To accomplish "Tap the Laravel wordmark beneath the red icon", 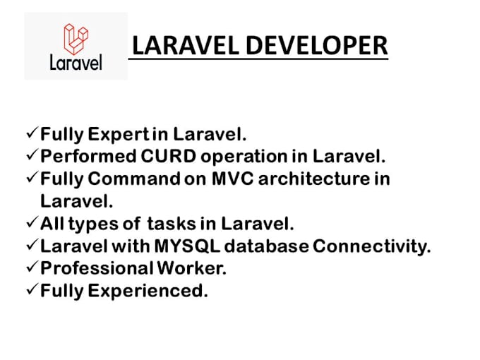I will [76, 62].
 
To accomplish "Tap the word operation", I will [238, 155].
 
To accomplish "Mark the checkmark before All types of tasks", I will [32, 224].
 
